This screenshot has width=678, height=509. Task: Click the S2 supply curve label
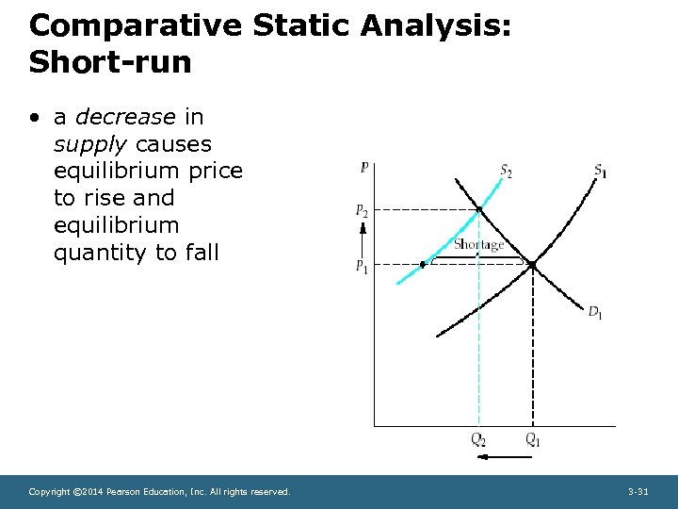click(x=506, y=172)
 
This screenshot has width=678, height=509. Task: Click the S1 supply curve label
click(x=599, y=171)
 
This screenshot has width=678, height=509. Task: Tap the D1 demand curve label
click(x=595, y=312)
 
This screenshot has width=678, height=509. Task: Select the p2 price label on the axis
click(x=362, y=210)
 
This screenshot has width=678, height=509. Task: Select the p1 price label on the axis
click(x=362, y=266)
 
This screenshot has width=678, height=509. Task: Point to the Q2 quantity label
click(x=478, y=439)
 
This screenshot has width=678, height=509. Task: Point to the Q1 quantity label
click(x=533, y=439)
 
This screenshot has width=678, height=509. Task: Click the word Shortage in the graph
click(x=478, y=245)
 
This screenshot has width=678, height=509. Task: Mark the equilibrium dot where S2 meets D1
click(x=479, y=209)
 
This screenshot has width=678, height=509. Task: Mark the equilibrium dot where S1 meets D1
click(x=532, y=265)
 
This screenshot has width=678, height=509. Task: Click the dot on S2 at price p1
click(x=422, y=265)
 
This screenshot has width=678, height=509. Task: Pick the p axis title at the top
click(x=364, y=167)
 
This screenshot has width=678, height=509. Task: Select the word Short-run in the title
click(x=110, y=62)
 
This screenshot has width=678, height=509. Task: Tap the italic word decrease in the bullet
click(x=125, y=117)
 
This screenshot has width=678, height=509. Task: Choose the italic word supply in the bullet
click(x=91, y=144)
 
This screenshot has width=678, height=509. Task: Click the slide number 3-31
click(x=638, y=492)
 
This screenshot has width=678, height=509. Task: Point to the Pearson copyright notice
click(x=159, y=492)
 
